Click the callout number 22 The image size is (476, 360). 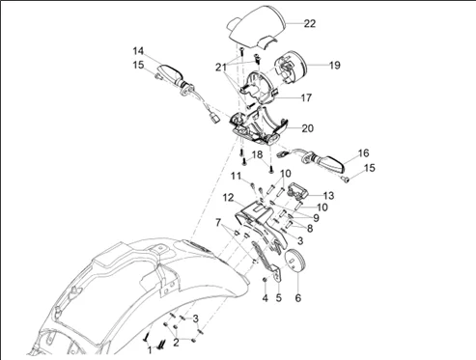(310, 23)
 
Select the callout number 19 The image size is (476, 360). (335, 65)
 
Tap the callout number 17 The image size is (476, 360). (306, 97)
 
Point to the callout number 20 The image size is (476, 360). (307, 128)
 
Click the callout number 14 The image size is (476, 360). (138, 51)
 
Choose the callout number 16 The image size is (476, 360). (363, 153)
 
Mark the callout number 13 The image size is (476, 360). (329, 196)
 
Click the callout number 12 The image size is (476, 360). (228, 198)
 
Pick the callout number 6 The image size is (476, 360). (298, 298)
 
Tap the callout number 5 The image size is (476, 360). (279, 298)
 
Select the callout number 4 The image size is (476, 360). (265, 298)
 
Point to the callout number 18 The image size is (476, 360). (257, 154)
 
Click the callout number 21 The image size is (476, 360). (221, 68)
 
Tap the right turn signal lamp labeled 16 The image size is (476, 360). (325, 162)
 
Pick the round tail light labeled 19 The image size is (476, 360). (291, 68)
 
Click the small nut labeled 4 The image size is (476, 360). (265, 280)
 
